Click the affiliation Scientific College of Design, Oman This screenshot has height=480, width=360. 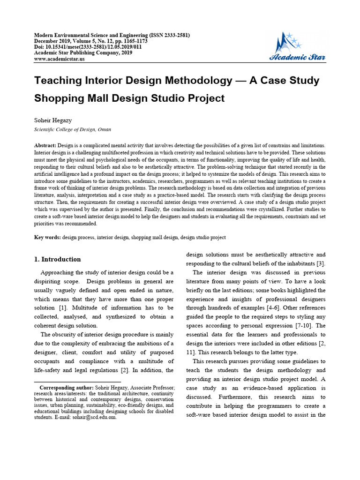pos(73,129)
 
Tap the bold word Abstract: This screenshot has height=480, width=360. pos(45,146)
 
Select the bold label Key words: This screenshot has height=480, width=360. pos(47,238)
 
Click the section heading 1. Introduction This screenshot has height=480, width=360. pos(58,259)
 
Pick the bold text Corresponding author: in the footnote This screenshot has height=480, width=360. pos(67,388)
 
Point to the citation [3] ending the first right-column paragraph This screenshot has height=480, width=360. pos(321,263)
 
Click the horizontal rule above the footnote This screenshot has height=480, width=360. pos(78,382)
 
